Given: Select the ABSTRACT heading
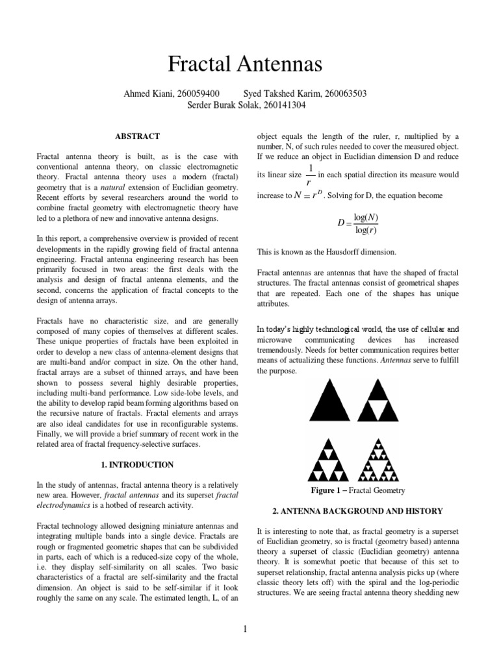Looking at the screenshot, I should click(x=137, y=136).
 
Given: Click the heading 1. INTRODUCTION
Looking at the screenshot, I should click(x=137, y=465).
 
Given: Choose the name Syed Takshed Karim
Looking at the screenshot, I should click(x=279, y=94).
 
